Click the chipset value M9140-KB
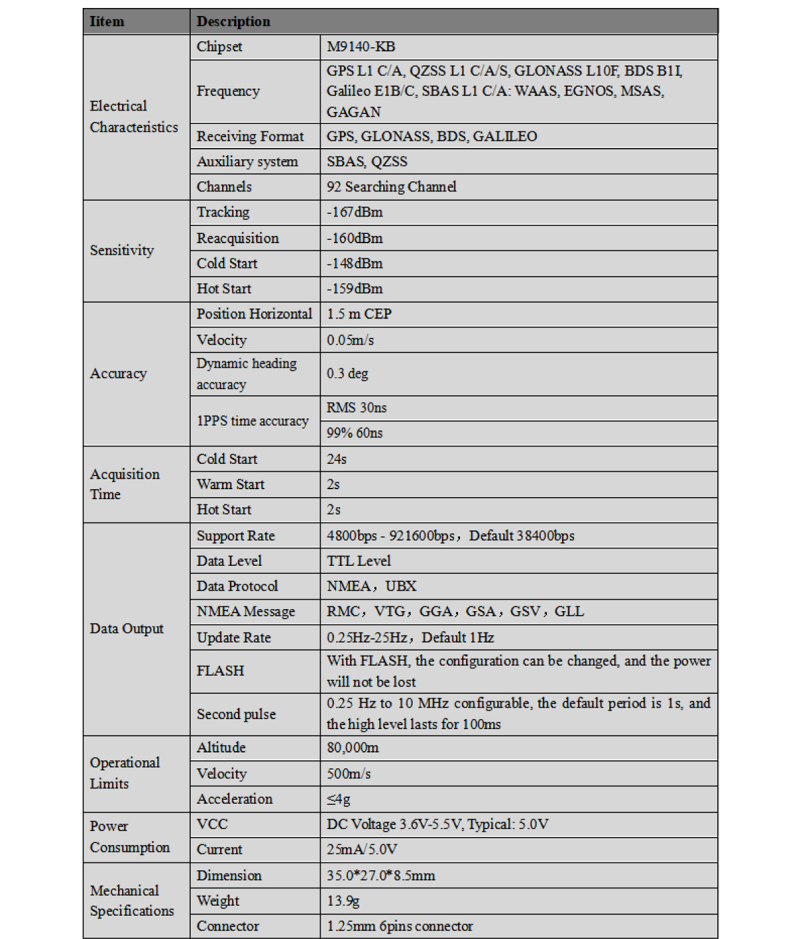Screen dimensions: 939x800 tap(361, 47)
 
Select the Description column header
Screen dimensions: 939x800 tap(233, 21)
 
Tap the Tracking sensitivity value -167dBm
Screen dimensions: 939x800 tap(355, 213)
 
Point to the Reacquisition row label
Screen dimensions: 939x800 tap(237, 239)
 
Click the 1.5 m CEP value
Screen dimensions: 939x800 tap(359, 314)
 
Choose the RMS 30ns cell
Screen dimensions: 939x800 tap(356, 408)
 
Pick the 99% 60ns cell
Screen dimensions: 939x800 tap(354, 433)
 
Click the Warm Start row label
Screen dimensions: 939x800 tap(230, 484)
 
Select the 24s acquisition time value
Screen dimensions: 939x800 tap(336, 459)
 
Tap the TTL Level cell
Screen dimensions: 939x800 tap(359, 561)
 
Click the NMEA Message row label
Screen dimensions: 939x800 tap(245, 612)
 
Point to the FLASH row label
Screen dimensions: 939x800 tap(220, 671)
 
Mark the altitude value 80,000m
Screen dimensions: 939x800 tap(353, 748)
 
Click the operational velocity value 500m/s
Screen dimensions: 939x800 tap(349, 774)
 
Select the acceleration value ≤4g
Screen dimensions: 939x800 tap(338, 799)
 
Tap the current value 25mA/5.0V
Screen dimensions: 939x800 tap(362, 850)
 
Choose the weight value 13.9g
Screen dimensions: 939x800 tap(343, 901)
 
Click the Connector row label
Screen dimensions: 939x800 tap(227, 926)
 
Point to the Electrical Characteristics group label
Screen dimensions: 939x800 tap(134, 117)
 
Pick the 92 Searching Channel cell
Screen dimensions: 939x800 tap(391, 187)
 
